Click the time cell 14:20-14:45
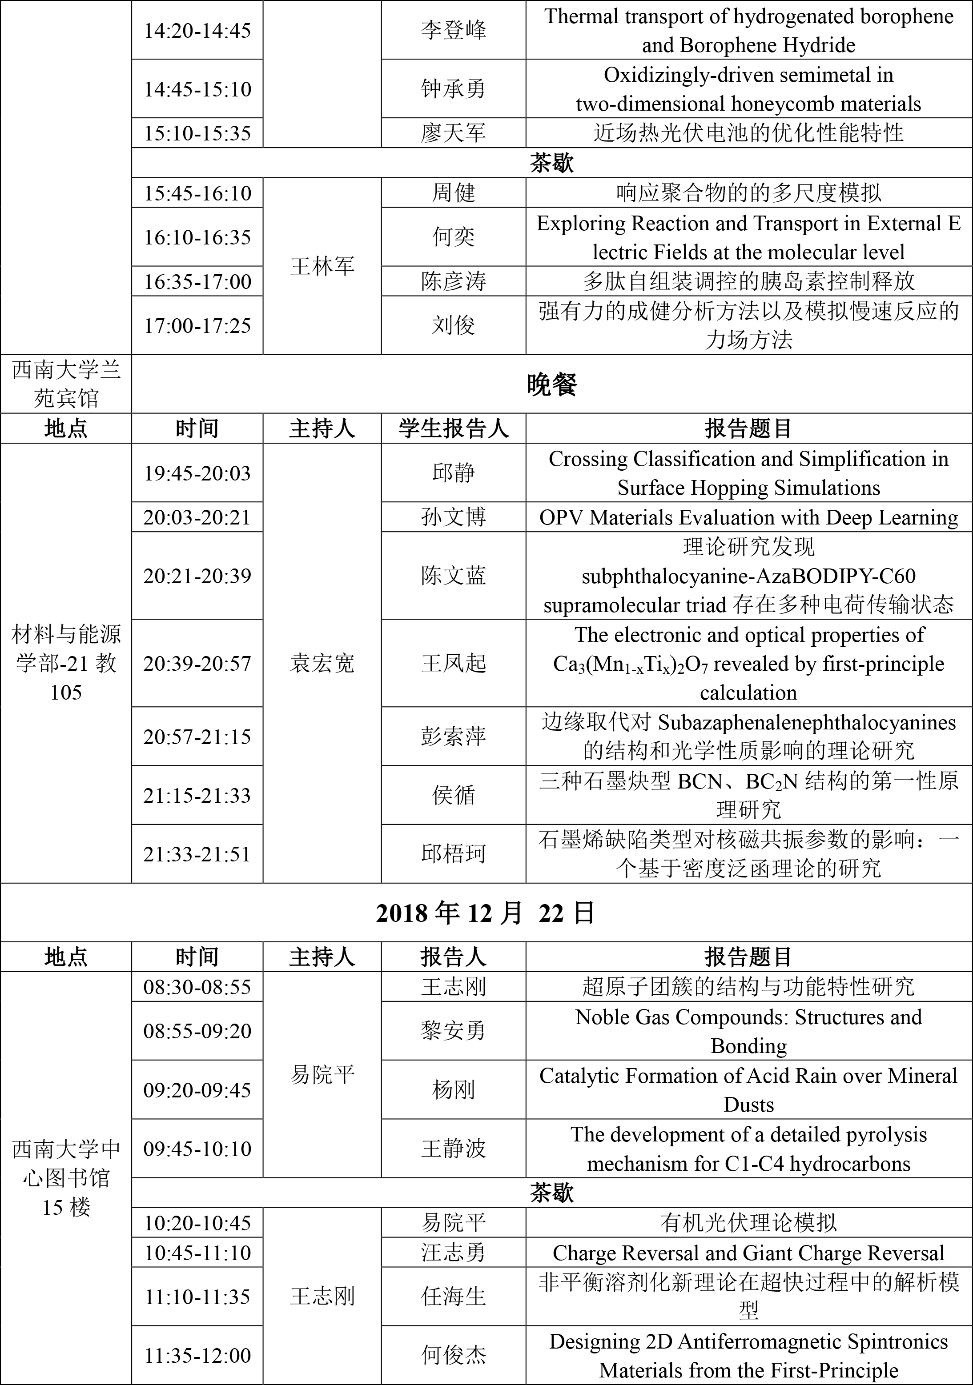[197, 31]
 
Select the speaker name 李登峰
[453, 31]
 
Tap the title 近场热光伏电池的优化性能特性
[748, 133]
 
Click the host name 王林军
[322, 266]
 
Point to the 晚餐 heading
[552, 384]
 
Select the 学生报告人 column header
[453, 429]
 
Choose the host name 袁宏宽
[322, 664]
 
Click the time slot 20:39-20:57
[197, 664]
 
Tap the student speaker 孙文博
[453, 517]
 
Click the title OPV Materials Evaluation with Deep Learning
[748, 517]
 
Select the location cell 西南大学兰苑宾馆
[66, 384]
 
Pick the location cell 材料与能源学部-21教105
[66, 664]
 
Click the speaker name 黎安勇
[453, 1031]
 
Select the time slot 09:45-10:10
[197, 1149]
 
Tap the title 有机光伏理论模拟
[748, 1223]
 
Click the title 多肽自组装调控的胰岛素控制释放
[748, 281]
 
